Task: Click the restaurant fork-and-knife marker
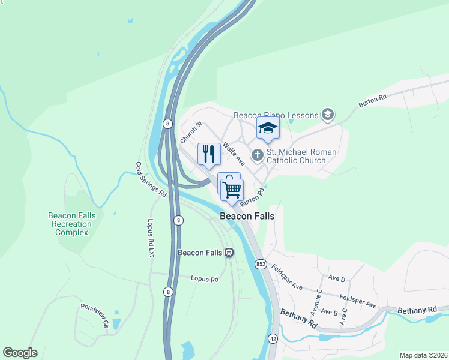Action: click(x=209, y=154)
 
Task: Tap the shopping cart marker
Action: click(x=232, y=190)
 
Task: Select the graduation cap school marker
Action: click(x=268, y=128)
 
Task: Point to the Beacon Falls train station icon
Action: click(x=229, y=253)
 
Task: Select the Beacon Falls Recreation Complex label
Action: click(x=70, y=224)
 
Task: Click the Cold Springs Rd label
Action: click(x=151, y=180)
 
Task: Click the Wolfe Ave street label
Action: click(x=234, y=154)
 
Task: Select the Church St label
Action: click(x=192, y=133)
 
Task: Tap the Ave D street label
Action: click(x=337, y=279)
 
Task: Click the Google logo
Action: click(x=20, y=353)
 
